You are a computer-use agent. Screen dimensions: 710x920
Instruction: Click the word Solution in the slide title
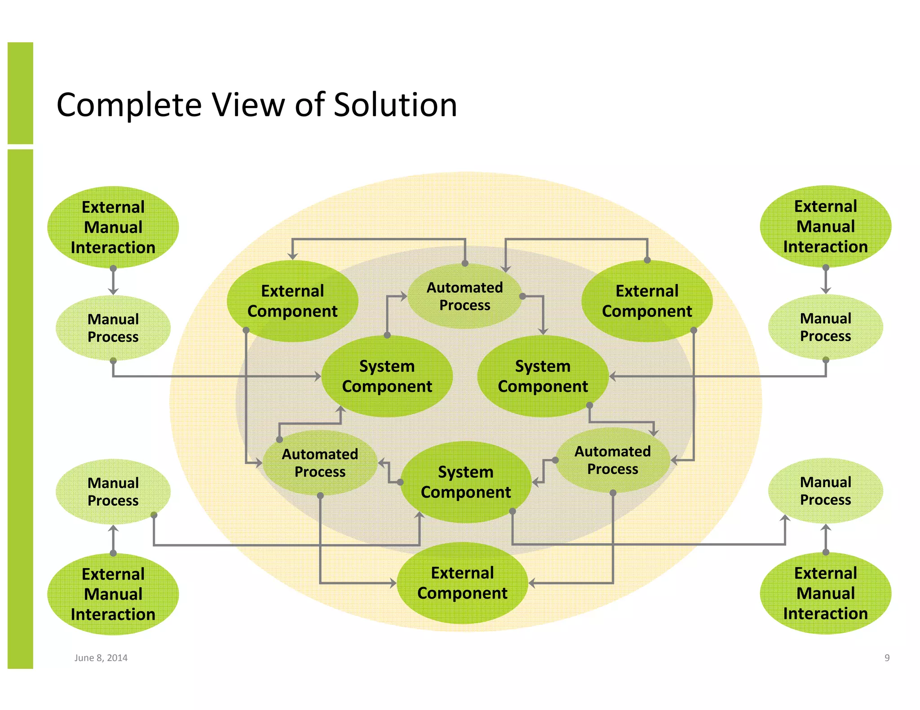395,105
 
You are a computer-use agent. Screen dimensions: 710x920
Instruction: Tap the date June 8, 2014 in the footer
101,658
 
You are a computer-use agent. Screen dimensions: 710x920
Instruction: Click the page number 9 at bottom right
887,658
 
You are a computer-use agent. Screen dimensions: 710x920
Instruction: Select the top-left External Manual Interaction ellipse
113,228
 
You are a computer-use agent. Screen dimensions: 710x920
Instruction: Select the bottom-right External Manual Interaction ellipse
825,593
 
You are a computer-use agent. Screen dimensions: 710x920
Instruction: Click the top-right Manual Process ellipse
825,327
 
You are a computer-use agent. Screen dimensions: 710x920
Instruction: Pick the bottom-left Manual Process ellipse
113,491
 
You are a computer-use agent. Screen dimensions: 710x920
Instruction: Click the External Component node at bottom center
462,583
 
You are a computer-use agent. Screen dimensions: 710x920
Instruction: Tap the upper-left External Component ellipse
292,301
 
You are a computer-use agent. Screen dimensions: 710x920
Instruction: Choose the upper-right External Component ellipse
647,301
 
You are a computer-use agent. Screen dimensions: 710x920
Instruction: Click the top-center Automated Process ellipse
464,296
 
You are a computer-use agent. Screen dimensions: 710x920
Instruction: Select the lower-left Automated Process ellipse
320,463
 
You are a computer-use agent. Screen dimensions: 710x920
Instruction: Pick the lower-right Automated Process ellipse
612,460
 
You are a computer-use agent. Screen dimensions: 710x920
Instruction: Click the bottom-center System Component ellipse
466,482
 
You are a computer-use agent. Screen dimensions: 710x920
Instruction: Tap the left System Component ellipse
387,376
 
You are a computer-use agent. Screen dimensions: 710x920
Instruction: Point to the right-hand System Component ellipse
543,376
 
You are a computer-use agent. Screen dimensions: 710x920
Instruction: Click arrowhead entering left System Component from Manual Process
318,376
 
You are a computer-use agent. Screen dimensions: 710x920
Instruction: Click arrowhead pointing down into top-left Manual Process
113,291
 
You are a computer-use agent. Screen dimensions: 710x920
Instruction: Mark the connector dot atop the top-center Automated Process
465,263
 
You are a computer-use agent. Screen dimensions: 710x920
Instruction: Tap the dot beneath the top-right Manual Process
826,360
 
